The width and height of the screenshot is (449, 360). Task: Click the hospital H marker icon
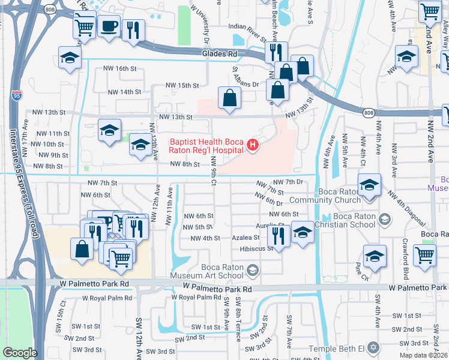253,145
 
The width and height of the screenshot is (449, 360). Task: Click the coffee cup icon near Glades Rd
109,27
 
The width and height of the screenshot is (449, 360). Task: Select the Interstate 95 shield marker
16,95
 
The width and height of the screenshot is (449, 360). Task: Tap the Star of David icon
373,348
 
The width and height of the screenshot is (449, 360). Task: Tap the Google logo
19,353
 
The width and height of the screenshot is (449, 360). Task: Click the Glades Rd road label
220,54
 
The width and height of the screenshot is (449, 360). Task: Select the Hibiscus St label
256,248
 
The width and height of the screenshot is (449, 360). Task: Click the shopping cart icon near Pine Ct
424,254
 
